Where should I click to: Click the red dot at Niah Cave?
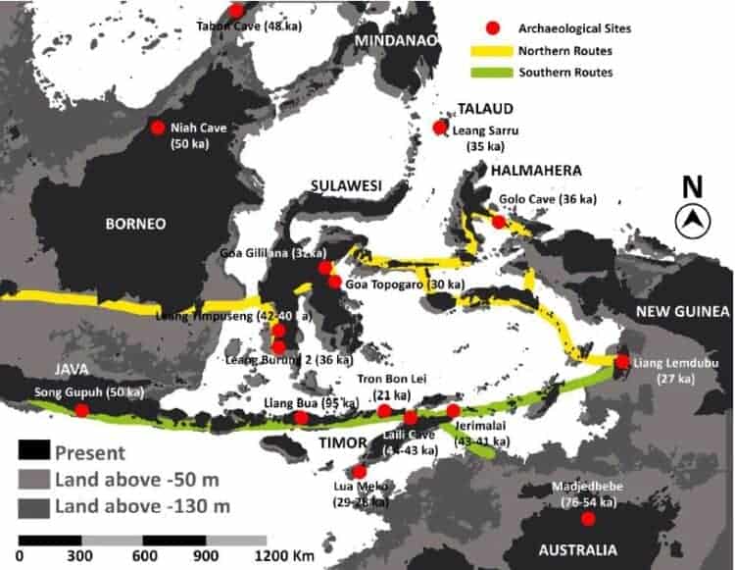157,128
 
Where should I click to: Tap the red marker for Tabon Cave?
236,11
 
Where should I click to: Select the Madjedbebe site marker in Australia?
588,518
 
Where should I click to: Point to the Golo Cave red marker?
499,222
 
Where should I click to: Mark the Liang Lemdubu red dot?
622,362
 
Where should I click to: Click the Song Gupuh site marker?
81,410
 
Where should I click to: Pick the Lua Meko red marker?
360,471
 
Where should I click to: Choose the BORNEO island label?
135,224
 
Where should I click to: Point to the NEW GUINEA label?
684,312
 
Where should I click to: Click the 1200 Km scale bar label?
284,556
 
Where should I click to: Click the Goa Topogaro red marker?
335,283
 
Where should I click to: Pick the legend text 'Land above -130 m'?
142,506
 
